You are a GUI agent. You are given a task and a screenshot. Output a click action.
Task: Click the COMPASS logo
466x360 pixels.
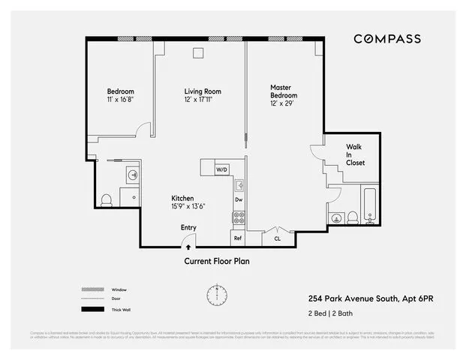pos(386,38)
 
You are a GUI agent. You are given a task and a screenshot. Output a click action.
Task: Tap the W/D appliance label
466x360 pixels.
pos(221,170)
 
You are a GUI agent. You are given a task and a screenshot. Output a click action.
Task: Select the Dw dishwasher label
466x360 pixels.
pos(239,199)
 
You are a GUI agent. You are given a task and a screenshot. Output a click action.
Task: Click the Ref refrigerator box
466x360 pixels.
pos(238,238)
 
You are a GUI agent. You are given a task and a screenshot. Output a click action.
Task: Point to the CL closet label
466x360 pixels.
pos(277,238)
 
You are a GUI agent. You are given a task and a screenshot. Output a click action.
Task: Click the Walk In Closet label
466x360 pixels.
pos(355,154)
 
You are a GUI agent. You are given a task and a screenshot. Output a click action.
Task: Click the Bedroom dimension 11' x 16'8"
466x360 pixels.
pos(121,99)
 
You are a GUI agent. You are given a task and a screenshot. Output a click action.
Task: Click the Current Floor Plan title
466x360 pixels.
pos(217,262)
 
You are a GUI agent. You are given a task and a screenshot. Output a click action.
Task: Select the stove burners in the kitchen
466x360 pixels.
pos(239,218)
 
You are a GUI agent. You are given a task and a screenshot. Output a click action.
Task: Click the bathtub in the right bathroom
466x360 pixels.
pos(370,206)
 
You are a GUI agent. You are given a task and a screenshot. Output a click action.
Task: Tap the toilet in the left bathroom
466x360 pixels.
pos(107,200)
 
